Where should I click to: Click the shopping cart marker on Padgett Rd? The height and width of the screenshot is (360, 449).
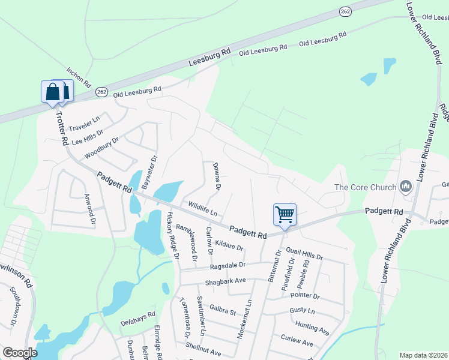(285, 214)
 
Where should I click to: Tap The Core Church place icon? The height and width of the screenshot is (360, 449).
(406, 187)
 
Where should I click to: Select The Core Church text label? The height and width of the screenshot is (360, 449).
(366, 187)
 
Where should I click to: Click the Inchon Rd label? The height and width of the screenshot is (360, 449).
(79, 77)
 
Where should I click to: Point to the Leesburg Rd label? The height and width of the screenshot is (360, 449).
(209, 58)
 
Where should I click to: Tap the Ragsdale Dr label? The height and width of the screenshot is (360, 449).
(228, 265)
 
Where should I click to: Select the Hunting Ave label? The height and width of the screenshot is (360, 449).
(312, 328)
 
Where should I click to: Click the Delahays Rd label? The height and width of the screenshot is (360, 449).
(137, 313)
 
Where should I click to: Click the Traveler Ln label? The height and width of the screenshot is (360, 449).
(83, 124)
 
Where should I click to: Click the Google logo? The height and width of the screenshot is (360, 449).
(20, 353)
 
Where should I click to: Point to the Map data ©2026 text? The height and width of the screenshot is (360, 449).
(423, 355)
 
